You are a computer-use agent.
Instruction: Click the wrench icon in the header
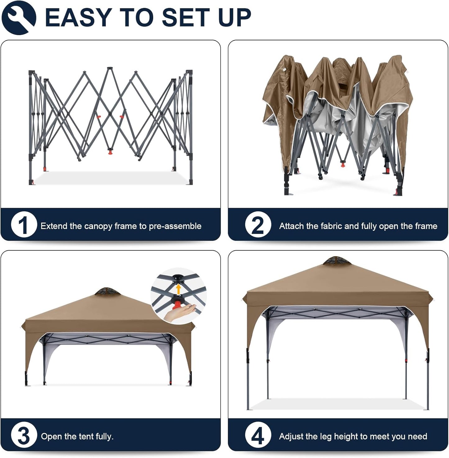click(x=19, y=17)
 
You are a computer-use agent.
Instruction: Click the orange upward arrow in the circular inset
click(x=178, y=289)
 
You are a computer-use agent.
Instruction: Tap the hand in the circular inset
click(x=180, y=312)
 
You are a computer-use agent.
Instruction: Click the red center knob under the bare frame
click(x=110, y=152)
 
